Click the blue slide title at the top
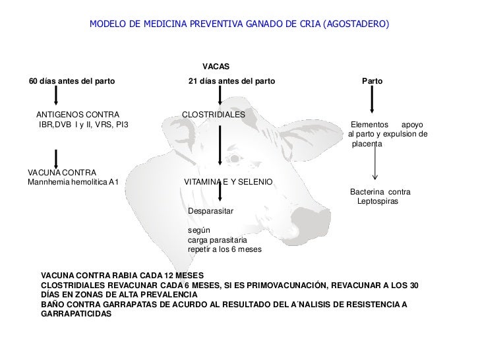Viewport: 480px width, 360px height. coord(239,24)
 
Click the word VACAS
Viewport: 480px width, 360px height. coord(216,67)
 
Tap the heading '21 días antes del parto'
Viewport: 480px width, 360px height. coord(231,82)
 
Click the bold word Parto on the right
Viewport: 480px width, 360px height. coord(373,82)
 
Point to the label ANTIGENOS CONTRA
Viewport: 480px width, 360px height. coord(73,115)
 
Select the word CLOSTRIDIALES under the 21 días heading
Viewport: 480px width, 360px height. coord(214,115)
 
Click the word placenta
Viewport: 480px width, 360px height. coord(367,143)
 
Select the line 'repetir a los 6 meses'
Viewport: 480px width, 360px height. coord(225,251)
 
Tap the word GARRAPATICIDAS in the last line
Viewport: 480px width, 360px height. coord(76,314)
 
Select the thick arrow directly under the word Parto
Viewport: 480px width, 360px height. coord(373,101)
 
